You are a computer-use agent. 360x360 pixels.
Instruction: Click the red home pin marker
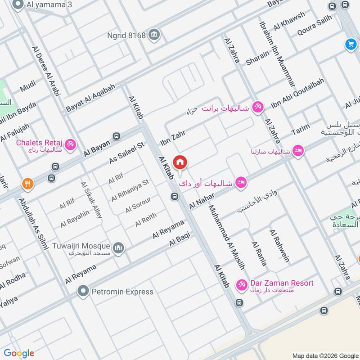click(180, 162)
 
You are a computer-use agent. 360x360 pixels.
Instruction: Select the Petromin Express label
click(122, 292)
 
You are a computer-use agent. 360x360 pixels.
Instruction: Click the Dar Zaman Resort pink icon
click(242, 285)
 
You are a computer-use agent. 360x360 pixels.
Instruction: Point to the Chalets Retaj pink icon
click(70, 145)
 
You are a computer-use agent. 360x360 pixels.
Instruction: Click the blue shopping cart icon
click(351, 44)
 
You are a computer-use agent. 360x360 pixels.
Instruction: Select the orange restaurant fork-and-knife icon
click(27, 184)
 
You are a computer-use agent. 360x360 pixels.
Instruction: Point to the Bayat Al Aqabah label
click(90, 98)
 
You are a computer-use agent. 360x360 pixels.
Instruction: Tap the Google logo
click(19, 353)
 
